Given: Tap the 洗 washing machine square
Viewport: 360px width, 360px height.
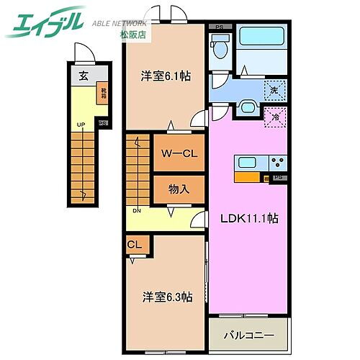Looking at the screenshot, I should tap(273, 90).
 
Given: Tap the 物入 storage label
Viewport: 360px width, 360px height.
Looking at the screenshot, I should tap(178, 189).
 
